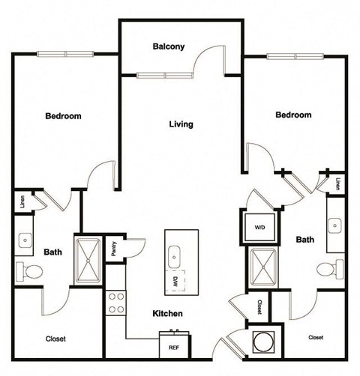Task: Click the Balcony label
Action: click(169, 46)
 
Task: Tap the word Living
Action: click(181, 124)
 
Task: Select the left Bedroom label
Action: click(63, 116)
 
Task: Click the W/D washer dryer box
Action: click(259, 225)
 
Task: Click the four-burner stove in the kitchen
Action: click(116, 303)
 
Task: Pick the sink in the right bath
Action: click(335, 223)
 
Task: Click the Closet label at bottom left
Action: click(55, 339)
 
